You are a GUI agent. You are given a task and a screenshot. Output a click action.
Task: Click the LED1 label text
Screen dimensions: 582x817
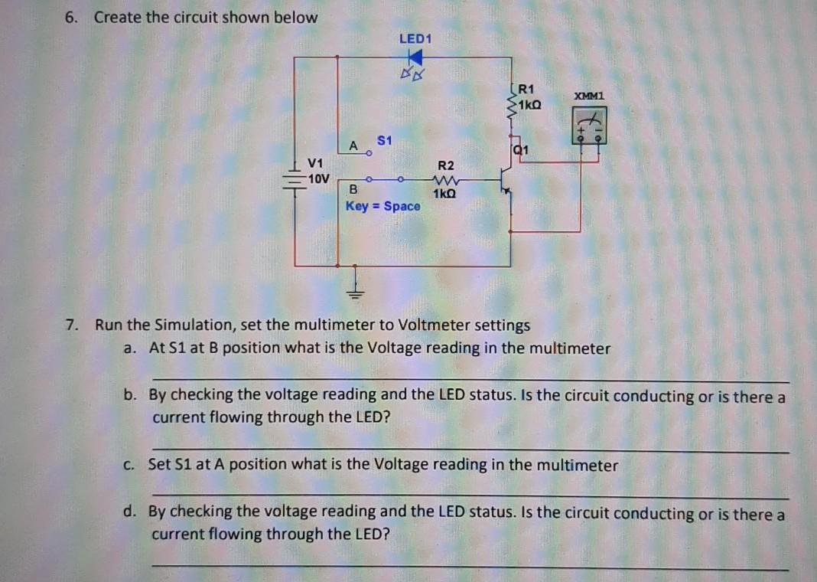click(x=415, y=38)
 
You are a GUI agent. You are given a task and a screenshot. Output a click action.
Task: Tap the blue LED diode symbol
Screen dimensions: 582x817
click(x=415, y=57)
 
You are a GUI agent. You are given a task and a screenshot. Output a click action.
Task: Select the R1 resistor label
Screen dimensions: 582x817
click(x=527, y=88)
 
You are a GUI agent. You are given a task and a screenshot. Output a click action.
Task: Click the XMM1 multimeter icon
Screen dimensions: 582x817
click(x=590, y=126)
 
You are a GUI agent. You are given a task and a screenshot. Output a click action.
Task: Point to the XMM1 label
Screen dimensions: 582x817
click(x=590, y=96)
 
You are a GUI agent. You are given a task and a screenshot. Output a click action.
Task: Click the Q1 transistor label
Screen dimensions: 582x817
click(x=521, y=150)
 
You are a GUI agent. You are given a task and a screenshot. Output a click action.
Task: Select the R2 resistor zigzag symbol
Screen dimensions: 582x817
click(x=444, y=181)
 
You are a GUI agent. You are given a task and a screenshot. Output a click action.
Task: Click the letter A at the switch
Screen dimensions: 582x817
click(x=353, y=145)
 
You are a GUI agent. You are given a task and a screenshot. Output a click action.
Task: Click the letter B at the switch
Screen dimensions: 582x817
click(x=353, y=189)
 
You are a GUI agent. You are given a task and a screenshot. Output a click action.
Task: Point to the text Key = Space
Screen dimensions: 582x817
click(x=382, y=206)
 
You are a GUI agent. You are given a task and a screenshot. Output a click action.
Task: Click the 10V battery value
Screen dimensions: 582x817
click(x=317, y=178)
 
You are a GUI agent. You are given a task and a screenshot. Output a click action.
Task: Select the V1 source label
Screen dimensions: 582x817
click(x=315, y=162)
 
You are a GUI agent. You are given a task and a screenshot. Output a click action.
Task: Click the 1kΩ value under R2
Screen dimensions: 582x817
click(x=444, y=195)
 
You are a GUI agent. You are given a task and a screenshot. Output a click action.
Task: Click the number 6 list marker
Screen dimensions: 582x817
click(x=70, y=17)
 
